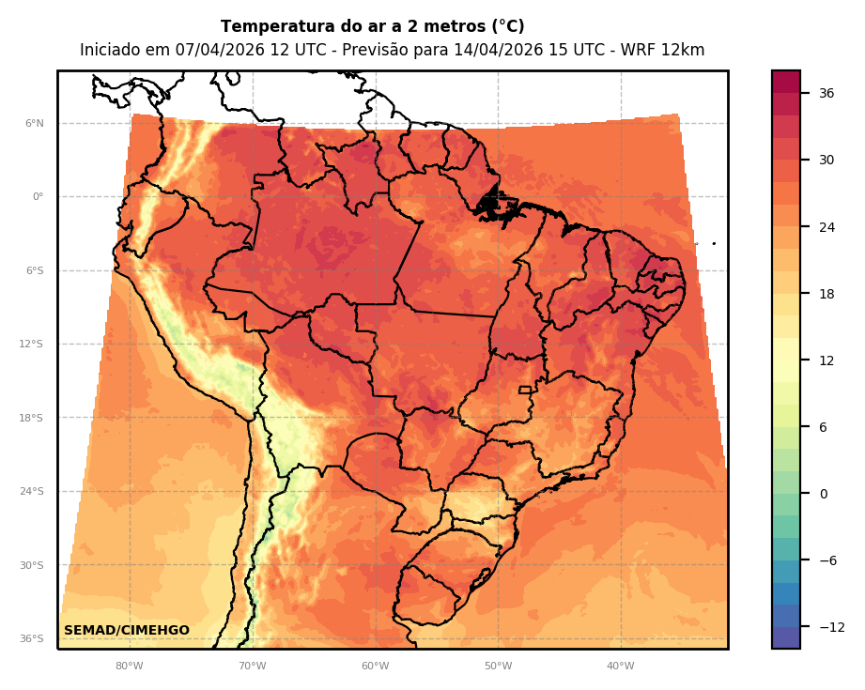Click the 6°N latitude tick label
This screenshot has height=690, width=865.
(34, 123)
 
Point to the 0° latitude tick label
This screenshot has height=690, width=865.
(38, 197)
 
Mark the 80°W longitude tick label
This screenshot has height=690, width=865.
(130, 667)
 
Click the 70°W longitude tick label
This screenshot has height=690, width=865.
(252, 667)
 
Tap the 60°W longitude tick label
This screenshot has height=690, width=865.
(375, 667)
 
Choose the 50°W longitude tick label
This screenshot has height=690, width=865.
(498, 667)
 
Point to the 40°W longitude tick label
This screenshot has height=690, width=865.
(620, 667)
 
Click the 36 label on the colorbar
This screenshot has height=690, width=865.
(826, 93)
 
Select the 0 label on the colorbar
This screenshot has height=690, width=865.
(823, 494)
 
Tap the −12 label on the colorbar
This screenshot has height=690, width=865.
(830, 627)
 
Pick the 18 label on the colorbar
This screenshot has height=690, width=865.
(826, 294)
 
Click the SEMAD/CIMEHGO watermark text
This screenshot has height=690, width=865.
(126, 630)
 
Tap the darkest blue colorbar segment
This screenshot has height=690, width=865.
(786, 637)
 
